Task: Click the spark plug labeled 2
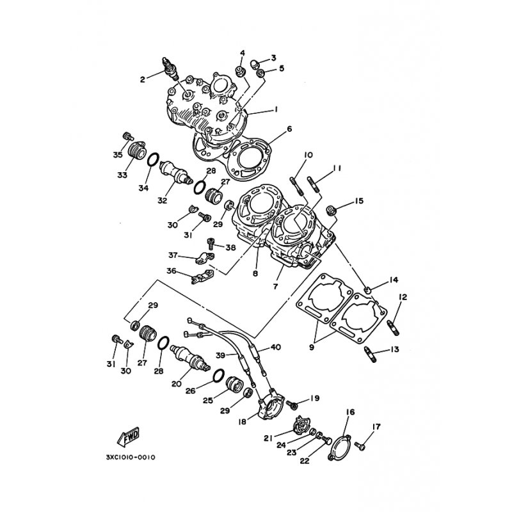(170, 68)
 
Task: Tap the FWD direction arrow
(129, 436)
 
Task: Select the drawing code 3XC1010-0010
(131, 457)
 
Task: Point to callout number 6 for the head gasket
(289, 129)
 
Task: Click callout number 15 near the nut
(359, 201)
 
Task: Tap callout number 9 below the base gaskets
(312, 347)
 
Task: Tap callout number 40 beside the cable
(276, 347)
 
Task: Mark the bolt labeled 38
(211, 243)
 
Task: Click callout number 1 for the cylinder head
(276, 109)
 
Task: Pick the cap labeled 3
(255, 63)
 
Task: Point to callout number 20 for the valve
(177, 384)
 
